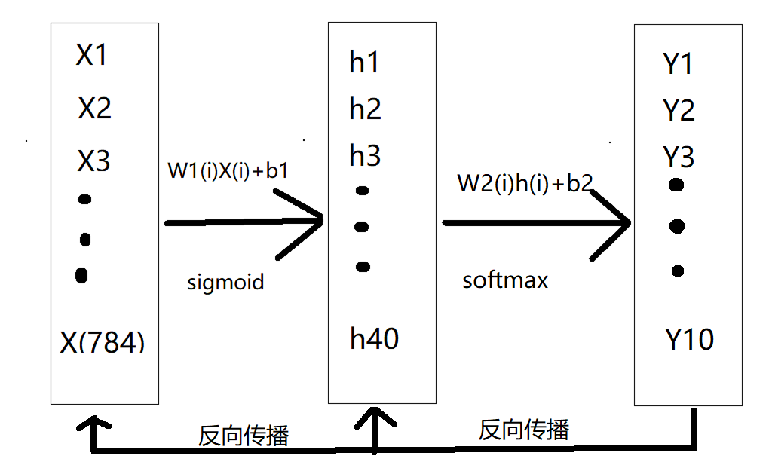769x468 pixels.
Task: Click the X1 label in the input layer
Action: point(91,55)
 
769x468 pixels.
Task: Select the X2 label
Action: point(95,109)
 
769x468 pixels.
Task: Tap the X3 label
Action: point(94,161)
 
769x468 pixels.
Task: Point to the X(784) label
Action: point(102,343)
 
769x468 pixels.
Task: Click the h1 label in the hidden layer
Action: point(364,63)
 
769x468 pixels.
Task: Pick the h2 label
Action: point(365,110)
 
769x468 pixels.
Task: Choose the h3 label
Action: point(365,156)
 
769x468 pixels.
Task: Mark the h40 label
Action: point(374,339)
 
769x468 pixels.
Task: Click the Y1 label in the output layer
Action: point(678,65)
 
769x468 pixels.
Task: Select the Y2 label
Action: point(679,112)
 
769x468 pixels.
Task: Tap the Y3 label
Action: point(679,158)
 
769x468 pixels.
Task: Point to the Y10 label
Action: point(689,340)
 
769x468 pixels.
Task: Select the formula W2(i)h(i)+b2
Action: point(525,183)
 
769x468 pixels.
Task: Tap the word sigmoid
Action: point(225,283)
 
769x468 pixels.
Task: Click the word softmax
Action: point(505,281)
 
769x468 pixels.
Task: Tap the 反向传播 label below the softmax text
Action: point(524,430)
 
